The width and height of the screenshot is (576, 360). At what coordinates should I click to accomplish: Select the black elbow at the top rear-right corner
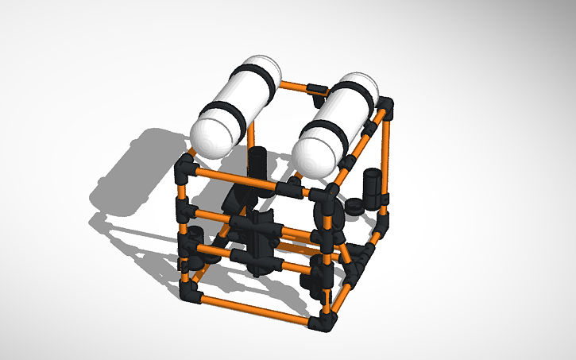tap(386, 106)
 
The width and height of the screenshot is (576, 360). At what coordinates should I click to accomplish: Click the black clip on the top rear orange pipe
tap(316, 88)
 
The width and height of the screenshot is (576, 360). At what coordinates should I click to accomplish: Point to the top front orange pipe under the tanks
tap(238, 179)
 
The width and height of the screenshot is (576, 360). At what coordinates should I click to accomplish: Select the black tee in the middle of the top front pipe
tap(291, 188)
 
